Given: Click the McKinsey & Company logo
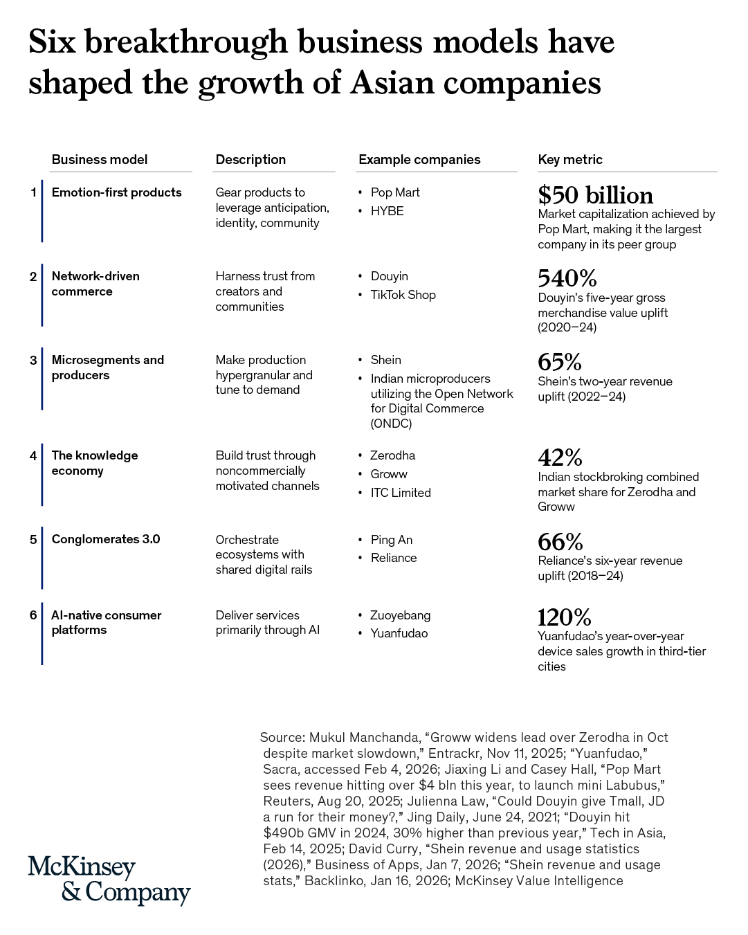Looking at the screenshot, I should pyautogui.click(x=109, y=880).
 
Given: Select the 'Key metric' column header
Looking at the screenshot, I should pyautogui.click(x=569, y=160).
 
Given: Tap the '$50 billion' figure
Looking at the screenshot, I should pyautogui.click(x=595, y=195).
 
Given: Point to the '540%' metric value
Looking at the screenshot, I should pyautogui.click(x=567, y=278).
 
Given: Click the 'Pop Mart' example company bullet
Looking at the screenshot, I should pyautogui.click(x=394, y=192).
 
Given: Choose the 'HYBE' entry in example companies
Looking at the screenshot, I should pyautogui.click(x=387, y=211).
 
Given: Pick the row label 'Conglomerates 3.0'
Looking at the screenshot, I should pyautogui.click(x=105, y=539).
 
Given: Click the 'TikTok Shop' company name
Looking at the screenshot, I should pyautogui.click(x=403, y=295).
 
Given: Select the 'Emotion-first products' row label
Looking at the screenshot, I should pyautogui.click(x=116, y=192).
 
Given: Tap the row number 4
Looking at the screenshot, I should pyautogui.click(x=33, y=455).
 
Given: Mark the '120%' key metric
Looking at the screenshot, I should pyautogui.click(x=564, y=617).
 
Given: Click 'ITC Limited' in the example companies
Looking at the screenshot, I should pyautogui.click(x=400, y=493).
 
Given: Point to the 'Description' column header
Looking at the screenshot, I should pyautogui.click(x=250, y=160).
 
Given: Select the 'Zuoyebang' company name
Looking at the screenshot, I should pyautogui.click(x=400, y=615).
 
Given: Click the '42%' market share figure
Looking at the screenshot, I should pyautogui.click(x=560, y=457).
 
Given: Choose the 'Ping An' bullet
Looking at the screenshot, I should pyautogui.click(x=391, y=540).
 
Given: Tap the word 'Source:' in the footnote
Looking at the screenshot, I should pyautogui.click(x=282, y=738).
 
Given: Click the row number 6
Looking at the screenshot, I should pyautogui.click(x=33, y=615).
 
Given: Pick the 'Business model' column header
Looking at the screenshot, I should pyautogui.click(x=99, y=160).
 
